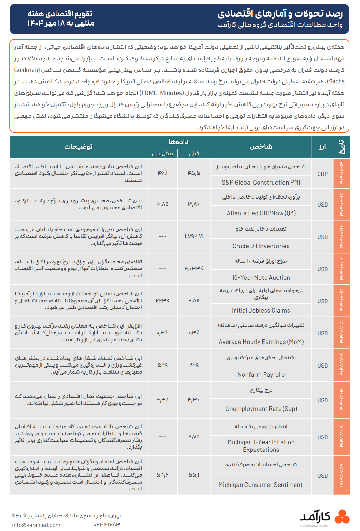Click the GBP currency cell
(322, 174)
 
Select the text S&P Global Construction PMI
(261, 182)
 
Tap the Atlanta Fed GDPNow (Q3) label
(261, 213)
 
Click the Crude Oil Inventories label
(261, 246)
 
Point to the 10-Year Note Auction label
(261, 277)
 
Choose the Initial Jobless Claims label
(261, 310)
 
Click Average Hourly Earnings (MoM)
(261, 342)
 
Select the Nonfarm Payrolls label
(261, 375)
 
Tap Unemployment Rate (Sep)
(261, 409)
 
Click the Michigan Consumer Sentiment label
(260, 485)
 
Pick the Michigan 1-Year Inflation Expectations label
(261, 446)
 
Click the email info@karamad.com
(36, 525)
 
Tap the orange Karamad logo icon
(342, 517)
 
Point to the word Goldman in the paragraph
(27, 70)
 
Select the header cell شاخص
(261, 147)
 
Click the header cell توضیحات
(79, 147)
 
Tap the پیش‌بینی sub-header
(162, 154)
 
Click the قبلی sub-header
(194, 154)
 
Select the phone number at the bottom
(107, 525)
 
